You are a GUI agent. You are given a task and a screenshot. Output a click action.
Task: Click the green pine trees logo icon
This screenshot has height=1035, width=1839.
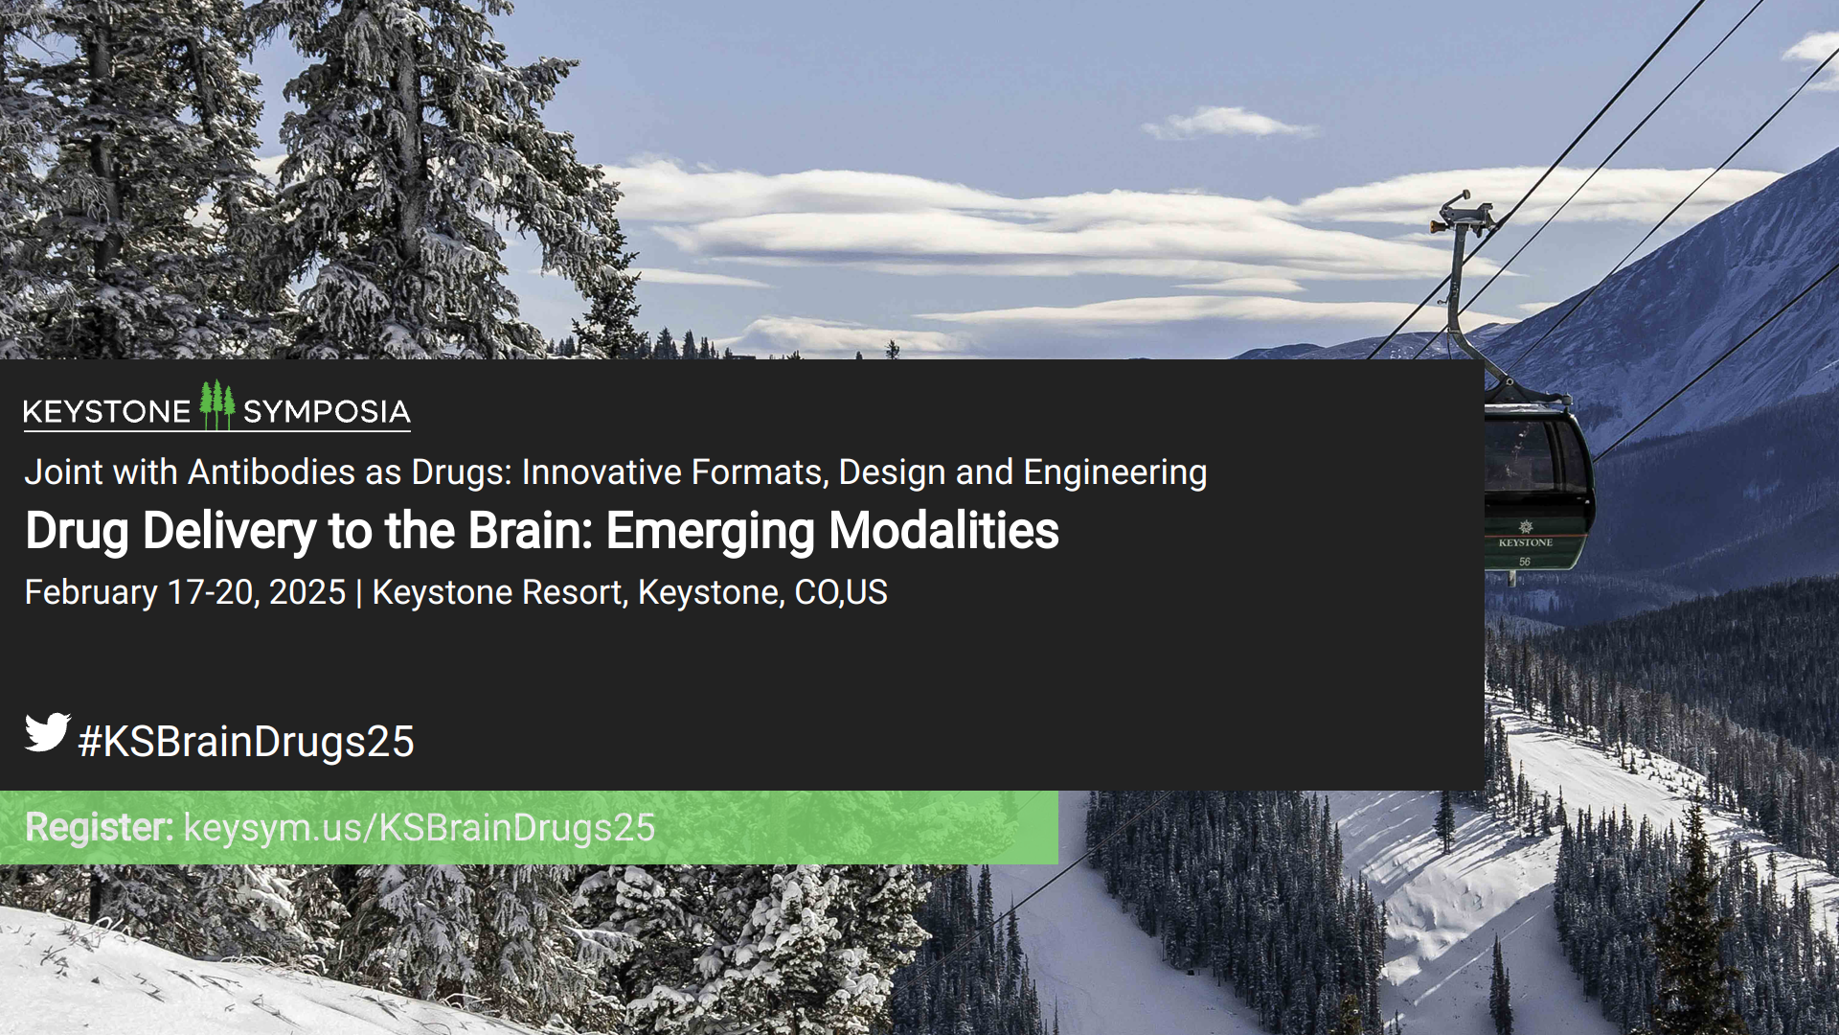click(x=217, y=405)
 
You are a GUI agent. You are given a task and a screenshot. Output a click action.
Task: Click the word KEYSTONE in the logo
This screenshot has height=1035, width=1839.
click(x=106, y=412)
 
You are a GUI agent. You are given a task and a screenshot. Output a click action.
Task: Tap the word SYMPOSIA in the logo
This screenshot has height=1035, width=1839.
click(x=326, y=412)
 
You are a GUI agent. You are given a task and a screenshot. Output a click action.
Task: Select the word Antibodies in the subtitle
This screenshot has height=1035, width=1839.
click(x=271, y=472)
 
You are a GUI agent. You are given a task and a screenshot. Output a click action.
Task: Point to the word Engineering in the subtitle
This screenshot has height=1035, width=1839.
click(x=1115, y=472)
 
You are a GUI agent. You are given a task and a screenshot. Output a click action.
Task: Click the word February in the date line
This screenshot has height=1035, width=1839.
click(x=91, y=593)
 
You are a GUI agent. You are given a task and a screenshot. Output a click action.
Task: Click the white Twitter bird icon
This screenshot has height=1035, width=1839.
click(x=47, y=732)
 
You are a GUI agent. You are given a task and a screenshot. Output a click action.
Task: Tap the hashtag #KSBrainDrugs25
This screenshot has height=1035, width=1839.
click(x=246, y=742)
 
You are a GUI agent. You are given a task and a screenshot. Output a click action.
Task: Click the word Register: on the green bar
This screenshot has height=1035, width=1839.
click(x=99, y=827)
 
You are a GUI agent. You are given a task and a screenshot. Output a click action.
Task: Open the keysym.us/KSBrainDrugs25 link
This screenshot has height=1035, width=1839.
click(x=419, y=828)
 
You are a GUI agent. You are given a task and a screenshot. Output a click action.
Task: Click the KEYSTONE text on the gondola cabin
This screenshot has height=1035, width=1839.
click(x=1525, y=542)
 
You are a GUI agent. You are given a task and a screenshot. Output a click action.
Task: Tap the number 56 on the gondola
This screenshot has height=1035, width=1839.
click(x=1524, y=562)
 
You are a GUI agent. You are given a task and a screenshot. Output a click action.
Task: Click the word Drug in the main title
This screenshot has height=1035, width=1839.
click(x=77, y=532)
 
